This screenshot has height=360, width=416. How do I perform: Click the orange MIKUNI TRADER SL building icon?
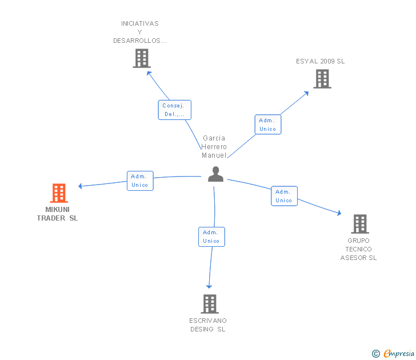coord(59,193)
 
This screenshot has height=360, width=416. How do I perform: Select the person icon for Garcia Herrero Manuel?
coord(215,174)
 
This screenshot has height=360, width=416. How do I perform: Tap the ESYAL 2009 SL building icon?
coord(322,79)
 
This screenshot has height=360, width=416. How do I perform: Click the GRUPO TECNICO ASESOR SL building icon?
coord(359,224)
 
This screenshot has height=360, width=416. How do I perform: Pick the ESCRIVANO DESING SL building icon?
coord(210,303)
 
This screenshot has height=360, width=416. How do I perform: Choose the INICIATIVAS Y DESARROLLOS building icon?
coord(141,58)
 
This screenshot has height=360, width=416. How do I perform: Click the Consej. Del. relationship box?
coord(174,110)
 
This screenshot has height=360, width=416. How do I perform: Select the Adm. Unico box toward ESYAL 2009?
coord(267,125)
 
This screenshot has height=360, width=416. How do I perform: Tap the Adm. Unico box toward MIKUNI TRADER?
coord(139,181)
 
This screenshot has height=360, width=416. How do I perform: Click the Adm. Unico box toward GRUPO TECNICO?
coord(284,196)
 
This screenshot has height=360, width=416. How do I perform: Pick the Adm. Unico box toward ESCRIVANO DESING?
coord(211,237)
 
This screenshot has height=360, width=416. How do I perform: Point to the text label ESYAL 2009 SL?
coord(320,61)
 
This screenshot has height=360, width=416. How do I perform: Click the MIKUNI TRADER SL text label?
coord(57,214)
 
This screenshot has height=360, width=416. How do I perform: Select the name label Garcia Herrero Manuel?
coord(214,147)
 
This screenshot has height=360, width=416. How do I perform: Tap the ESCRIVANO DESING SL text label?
coord(208,325)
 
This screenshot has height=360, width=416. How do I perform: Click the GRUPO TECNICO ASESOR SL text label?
coord(359,249)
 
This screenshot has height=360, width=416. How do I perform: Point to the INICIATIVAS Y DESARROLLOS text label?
coord(140,32)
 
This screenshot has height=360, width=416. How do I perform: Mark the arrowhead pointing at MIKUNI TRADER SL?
coord(81,186)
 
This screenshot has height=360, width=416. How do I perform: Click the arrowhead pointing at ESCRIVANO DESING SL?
coord(209,286)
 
